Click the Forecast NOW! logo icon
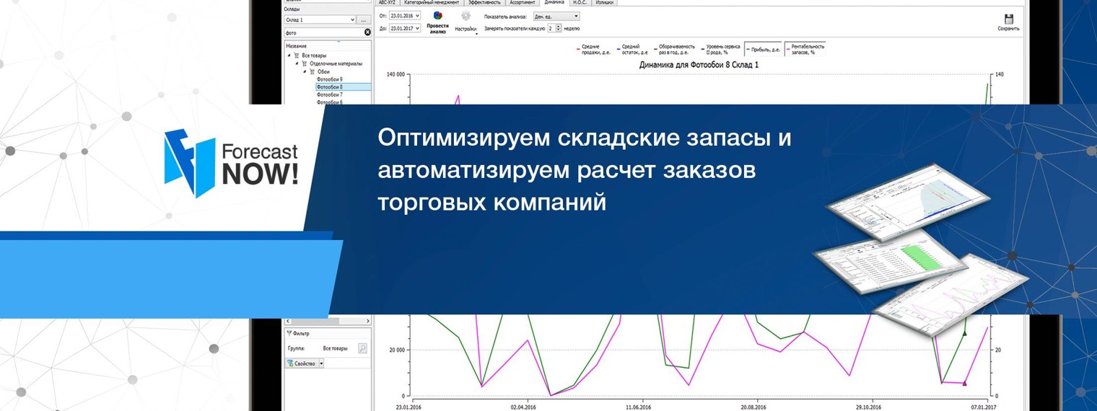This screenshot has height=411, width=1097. [x=190, y=163]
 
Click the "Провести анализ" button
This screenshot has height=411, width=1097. [x=437, y=22]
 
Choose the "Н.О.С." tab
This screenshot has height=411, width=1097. [x=580, y=3]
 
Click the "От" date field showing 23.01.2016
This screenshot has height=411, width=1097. [x=404, y=15]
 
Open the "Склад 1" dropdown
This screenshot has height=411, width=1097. [x=319, y=19]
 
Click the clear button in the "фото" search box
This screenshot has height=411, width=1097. [x=367, y=32]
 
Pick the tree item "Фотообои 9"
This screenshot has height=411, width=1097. [x=330, y=79]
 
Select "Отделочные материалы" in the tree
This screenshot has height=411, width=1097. [x=336, y=63]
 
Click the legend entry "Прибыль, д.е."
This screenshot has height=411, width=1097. [x=764, y=49]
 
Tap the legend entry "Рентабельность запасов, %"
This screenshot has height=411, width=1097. [x=805, y=49]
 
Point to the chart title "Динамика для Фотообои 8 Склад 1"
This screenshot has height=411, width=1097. [x=698, y=65]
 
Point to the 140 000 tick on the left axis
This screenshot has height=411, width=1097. [x=395, y=74]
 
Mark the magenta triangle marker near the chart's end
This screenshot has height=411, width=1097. [x=964, y=383]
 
